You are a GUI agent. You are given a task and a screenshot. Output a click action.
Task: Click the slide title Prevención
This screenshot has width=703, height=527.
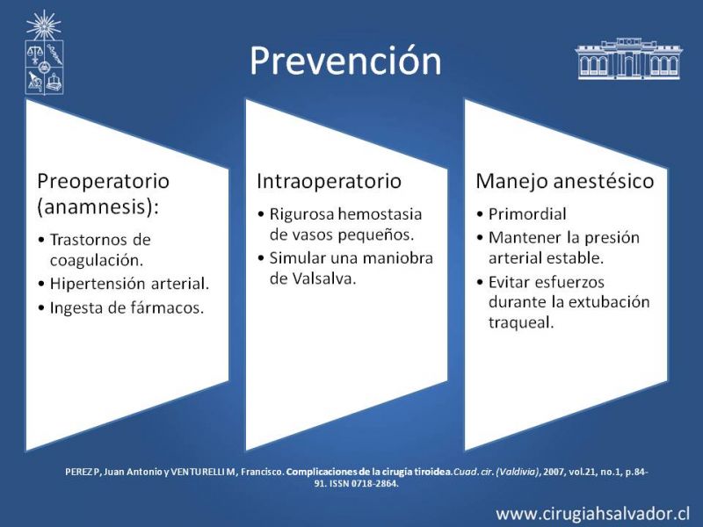tap(345, 60)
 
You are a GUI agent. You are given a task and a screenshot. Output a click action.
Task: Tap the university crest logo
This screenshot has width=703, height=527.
tap(44, 53)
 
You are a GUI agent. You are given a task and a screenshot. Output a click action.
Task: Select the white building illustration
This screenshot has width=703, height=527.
tap(628, 59)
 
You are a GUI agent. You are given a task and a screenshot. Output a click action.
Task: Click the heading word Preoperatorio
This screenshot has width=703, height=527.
tap(103, 182)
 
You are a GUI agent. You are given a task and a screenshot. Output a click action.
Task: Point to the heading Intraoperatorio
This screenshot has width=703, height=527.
tap(329, 181)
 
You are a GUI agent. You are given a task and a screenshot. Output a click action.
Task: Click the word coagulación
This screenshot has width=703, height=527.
tap(97, 260)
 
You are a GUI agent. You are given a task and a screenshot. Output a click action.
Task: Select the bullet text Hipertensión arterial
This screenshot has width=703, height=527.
tap(129, 284)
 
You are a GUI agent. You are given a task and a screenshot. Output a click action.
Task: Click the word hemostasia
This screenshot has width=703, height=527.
tap(380, 214)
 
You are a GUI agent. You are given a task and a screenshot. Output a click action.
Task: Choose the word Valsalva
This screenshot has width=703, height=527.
tap(324, 278)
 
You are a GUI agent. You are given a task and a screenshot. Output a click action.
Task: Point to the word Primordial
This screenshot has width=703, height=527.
tap(527, 214)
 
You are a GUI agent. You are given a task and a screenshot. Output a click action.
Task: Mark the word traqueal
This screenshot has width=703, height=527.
tap(521, 322)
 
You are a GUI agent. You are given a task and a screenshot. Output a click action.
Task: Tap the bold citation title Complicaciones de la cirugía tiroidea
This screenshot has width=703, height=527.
tap(369, 472)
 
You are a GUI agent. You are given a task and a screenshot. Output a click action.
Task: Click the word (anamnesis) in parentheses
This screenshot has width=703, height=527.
tap(98, 207)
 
